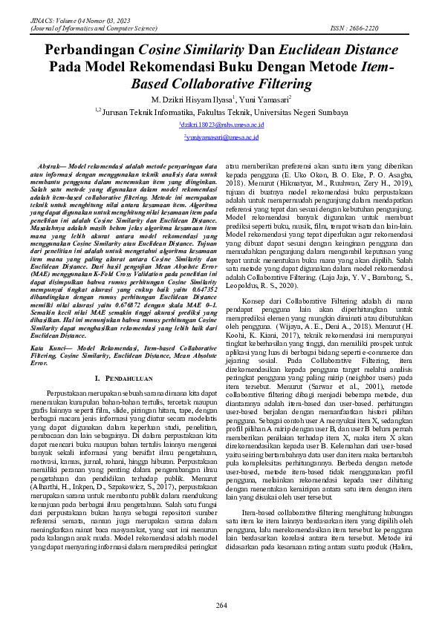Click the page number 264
[x=221, y=606]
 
